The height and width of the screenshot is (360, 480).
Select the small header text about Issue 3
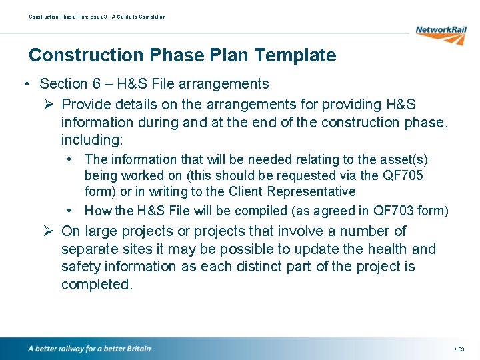[x=97, y=17]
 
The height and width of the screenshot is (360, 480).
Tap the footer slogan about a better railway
[x=89, y=349]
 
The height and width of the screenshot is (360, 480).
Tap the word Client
[x=241, y=191]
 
